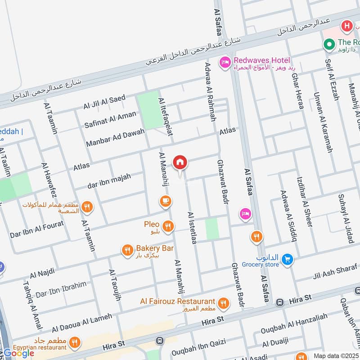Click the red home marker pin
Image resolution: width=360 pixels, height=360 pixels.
point(180,162)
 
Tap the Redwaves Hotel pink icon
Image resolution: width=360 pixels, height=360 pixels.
point(225,63)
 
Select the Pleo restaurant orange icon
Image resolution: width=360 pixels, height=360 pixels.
point(168,227)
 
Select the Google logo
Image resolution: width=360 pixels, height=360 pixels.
point(19,353)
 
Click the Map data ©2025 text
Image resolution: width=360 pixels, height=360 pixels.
point(335,355)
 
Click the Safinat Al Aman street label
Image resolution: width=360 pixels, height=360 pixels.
point(110,120)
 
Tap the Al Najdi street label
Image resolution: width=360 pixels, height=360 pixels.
point(42,273)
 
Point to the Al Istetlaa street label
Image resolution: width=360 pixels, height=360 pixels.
point(192,228)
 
